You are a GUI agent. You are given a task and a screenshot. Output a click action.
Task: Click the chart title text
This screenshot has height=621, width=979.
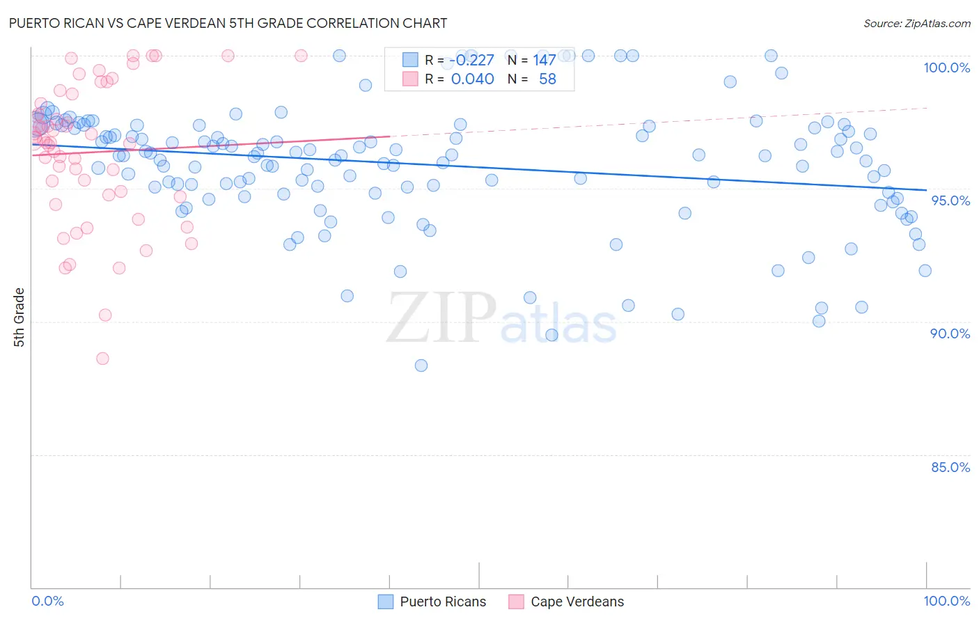click(x=228, y=23)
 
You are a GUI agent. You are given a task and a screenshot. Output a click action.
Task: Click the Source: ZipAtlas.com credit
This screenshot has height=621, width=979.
click(x=916, y=23)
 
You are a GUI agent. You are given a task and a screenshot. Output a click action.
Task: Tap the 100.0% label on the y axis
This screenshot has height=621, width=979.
click(x=946, y=68)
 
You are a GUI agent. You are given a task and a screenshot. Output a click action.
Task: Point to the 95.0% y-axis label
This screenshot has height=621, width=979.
click(x=950, y=201)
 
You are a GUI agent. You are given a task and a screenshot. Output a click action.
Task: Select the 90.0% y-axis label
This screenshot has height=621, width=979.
click(x=950, y=333)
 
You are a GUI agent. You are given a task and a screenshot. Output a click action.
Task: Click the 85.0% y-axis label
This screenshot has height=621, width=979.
click(x=950, y=467)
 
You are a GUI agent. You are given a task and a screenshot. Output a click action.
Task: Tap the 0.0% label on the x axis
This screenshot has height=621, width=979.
click(x=47, y=601)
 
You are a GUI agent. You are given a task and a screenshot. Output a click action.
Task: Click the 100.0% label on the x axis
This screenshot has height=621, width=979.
click(x=946, y=601)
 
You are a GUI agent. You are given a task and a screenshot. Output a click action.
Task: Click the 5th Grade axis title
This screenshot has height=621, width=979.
click(x=19, y=317)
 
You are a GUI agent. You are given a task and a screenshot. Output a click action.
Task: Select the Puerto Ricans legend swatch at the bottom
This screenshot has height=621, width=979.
click(x=386, y=602)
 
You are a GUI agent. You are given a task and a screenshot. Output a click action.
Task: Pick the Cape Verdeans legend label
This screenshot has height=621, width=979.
click(x=577, y=602)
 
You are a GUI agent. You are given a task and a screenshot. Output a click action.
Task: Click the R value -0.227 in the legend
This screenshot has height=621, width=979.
click(x=471, y=61)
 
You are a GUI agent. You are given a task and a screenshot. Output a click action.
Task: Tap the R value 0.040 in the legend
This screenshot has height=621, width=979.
click(x=472, y=79)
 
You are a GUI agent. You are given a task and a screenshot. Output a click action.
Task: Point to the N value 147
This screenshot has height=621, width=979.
click(x=545, y=61)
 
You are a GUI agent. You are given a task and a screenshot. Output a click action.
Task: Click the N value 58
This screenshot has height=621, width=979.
click(x=547, y=79)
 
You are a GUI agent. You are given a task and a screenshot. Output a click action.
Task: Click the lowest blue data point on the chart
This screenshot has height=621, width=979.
click(x=421, y=365)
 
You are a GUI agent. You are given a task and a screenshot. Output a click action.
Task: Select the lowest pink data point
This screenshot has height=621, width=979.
click(x=102, y=359)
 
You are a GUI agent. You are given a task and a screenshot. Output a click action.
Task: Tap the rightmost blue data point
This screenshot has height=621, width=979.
click(x=925, y=271)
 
